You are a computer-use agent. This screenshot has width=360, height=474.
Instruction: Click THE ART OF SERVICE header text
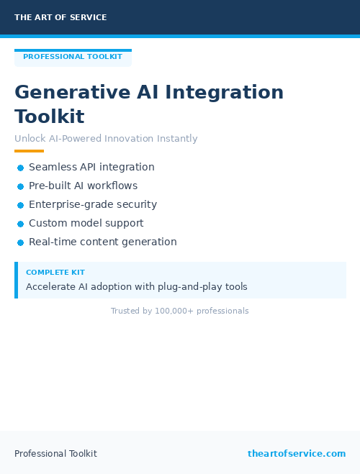click(x=60, y=17)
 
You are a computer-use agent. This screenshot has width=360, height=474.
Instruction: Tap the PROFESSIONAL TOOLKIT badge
click(x=73, y=57)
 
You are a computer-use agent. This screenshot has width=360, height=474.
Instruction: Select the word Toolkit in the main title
click(x=50, y=117)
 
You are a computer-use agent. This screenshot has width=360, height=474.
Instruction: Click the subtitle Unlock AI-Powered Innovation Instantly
click(x=106, y=139)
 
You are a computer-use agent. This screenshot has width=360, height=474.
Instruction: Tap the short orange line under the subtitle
click(x=29, y=151)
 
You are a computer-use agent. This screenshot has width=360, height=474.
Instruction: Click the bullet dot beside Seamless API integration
click(x=21, y=168)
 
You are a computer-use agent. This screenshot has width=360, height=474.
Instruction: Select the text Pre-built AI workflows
click(x=83, y=186)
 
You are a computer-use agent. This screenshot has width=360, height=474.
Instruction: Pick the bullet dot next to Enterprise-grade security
click(x=21, y=205)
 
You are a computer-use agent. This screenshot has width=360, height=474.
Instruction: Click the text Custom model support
click(x=86, y=224)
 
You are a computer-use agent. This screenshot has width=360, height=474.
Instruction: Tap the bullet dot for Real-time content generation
click(x=21, y=242)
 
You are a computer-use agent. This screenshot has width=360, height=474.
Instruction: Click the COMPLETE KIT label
click(x=55, y=273)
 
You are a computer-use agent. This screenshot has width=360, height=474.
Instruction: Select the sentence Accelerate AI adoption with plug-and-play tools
click(x=137, y=287)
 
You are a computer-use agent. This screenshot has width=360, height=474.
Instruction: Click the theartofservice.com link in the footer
click(x=297, y=454)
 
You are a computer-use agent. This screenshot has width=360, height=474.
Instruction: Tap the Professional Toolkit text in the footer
click(x=55, y=454)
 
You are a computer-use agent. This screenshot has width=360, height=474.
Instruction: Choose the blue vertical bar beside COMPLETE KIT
click(x=16, y=280)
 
